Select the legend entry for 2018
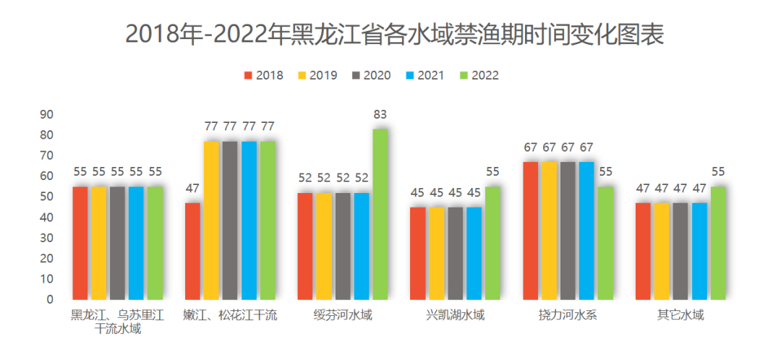(263, 75)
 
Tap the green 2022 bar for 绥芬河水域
(380, 214)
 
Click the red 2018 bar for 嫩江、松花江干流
(192, 251)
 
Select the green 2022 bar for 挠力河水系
(605, 243)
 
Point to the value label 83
(380, 114)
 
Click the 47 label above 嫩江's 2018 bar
(192, 189)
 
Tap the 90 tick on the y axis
(47, 114)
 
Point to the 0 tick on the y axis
(50, 299)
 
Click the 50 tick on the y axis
(47, 197)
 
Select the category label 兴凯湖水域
(455, 315)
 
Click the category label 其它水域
(680, 315)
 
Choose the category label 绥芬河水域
(343, 315)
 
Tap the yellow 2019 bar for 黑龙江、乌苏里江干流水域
(99, 243)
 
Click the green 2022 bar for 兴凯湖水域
(492, 243)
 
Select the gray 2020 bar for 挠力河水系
(568, 231)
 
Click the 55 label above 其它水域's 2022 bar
(717, 172)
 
